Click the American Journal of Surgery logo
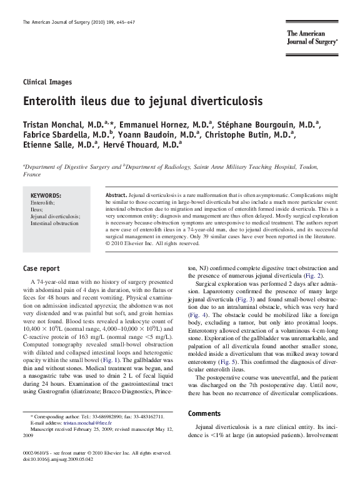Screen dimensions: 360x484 (312, 38)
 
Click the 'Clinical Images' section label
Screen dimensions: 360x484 (47, 82)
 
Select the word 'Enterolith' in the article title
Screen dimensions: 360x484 (51, 100)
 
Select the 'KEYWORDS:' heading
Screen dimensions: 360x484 (46, 196)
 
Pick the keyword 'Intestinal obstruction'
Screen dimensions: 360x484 (54, 223)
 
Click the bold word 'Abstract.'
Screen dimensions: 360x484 (116, 196)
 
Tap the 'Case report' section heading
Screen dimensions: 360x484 (41, 270)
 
